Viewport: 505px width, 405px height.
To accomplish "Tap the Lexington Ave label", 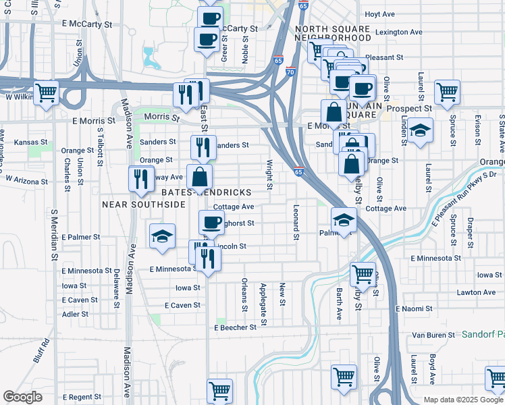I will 398,32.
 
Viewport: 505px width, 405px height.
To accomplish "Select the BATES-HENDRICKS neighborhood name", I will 205,192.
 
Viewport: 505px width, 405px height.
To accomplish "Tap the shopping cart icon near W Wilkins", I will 46,94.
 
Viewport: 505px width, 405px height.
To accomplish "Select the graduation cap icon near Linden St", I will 419,132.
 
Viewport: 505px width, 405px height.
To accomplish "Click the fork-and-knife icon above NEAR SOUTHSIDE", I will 140,180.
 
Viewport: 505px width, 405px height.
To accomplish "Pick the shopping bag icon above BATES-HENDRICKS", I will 200,178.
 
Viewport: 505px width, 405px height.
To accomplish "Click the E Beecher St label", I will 236,327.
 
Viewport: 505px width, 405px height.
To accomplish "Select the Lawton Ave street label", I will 476,292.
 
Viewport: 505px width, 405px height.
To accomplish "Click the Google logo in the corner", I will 22,397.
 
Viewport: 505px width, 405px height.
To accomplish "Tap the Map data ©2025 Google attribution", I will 463,400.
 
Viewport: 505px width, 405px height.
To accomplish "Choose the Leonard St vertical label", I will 296,221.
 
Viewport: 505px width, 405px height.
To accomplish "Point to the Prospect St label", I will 409,108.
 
